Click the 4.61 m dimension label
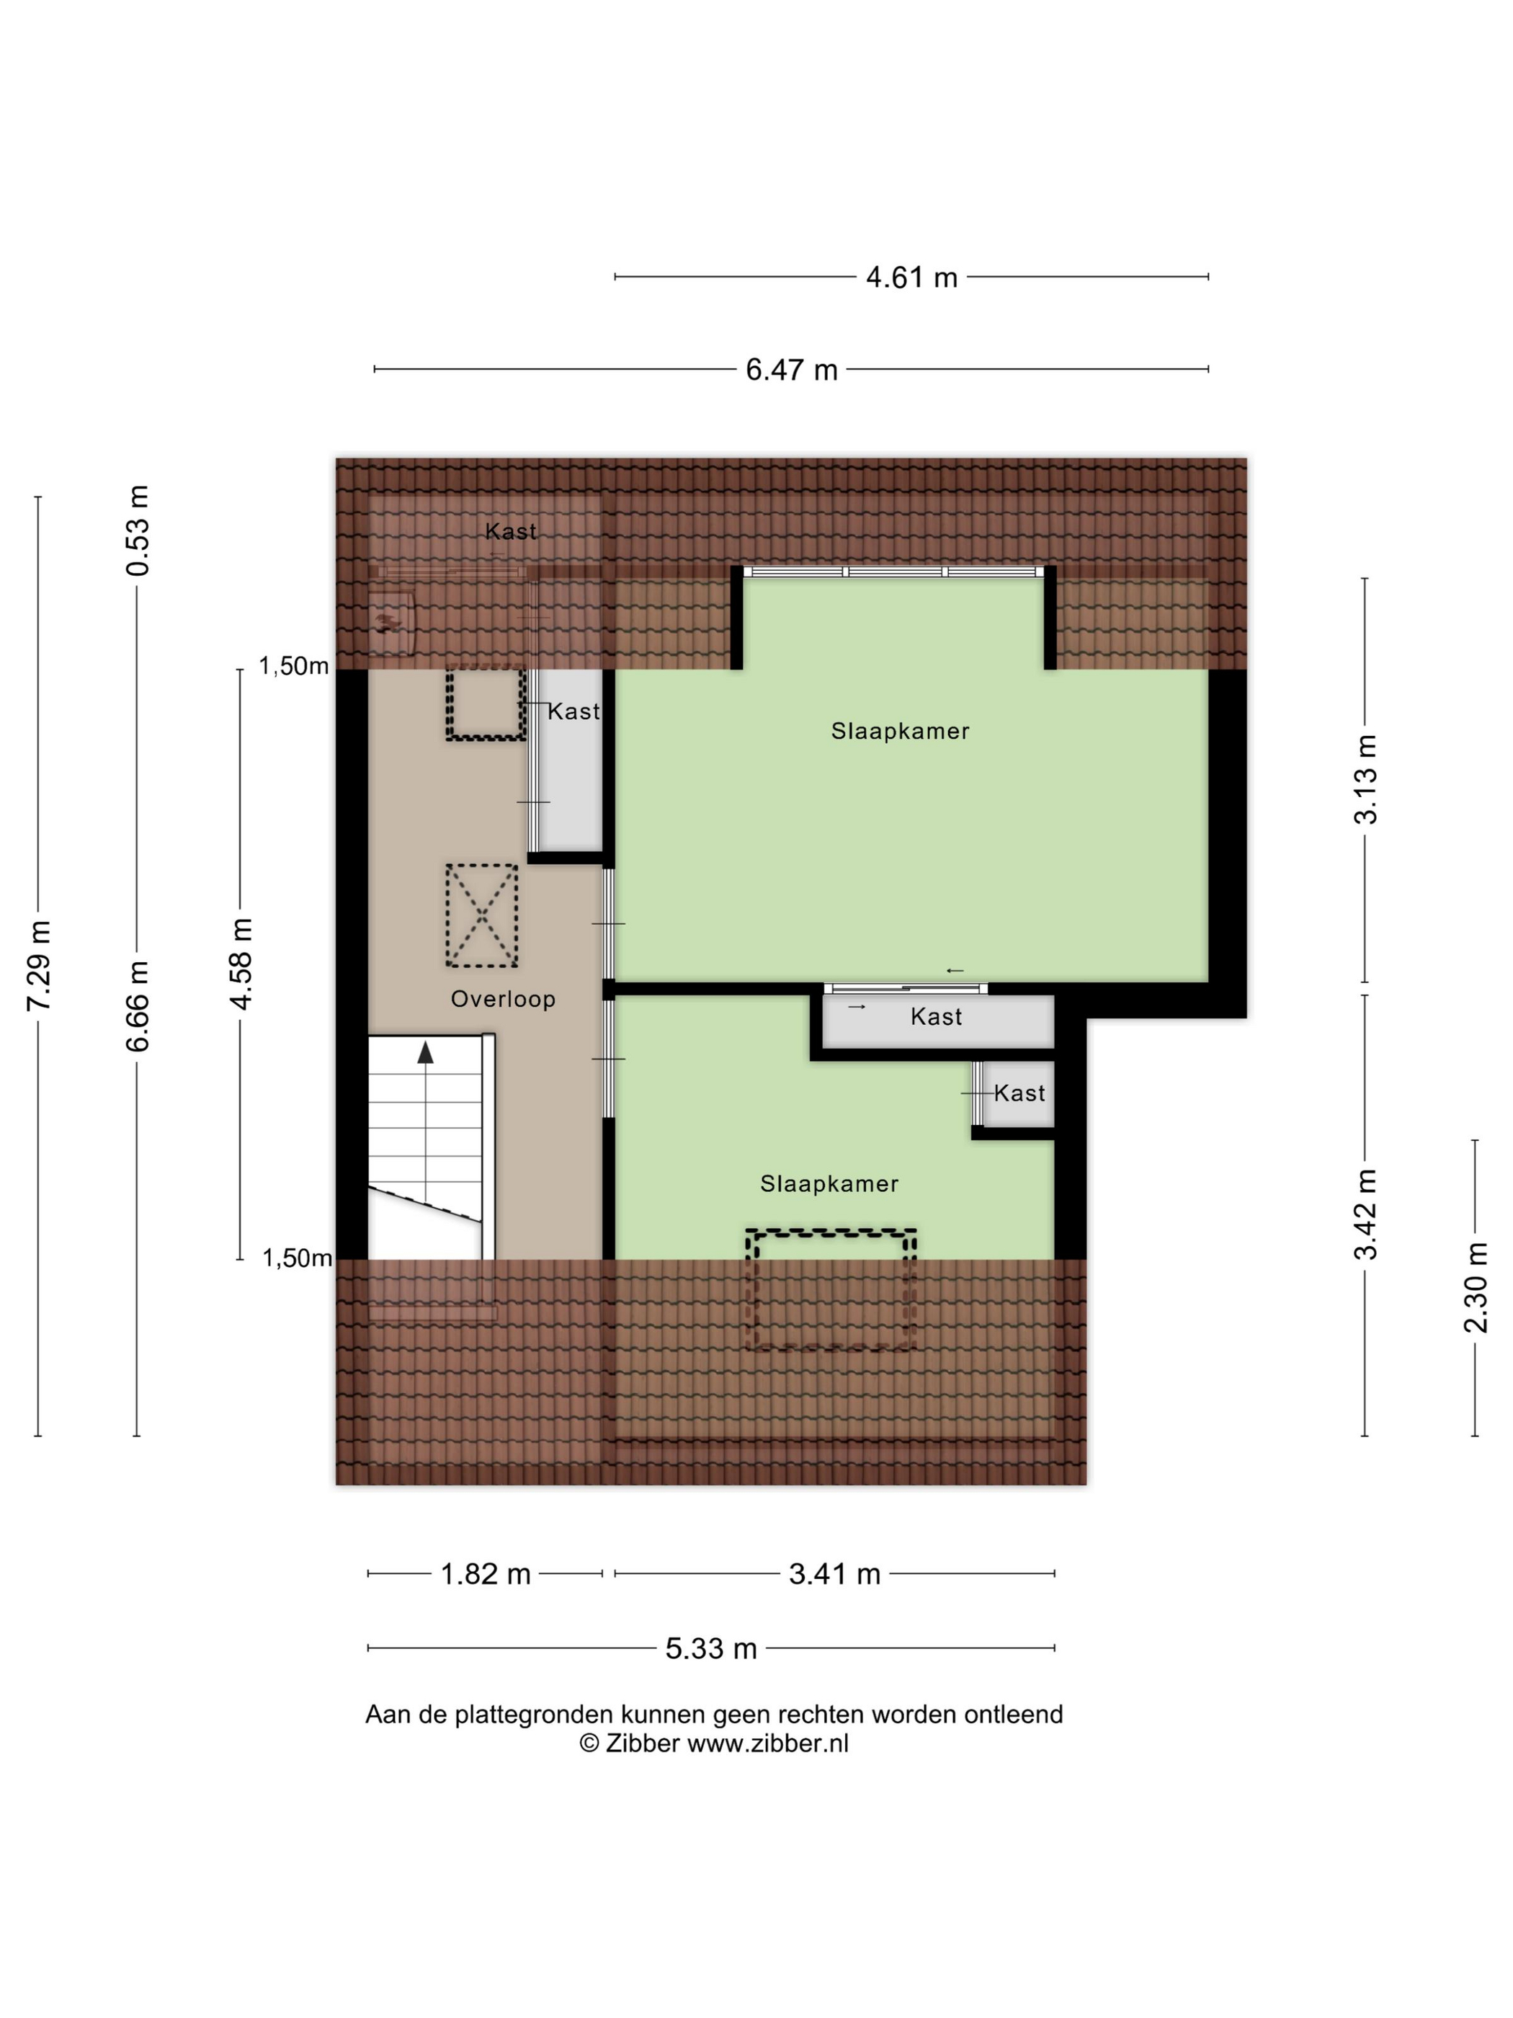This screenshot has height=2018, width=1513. click(x=911, y=277)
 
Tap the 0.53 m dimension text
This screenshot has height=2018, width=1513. click(x=137, y=530)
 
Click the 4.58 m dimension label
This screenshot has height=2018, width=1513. click(x=241, y=964)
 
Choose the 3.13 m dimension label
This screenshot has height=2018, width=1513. click(x=1365, y=779)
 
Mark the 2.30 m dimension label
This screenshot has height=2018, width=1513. click(x=1475, y=1287)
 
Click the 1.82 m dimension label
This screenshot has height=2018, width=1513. click(x=485, y=1574)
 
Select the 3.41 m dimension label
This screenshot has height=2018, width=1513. click(x=834, y=1574)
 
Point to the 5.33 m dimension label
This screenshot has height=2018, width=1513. click(x=711, y=1648)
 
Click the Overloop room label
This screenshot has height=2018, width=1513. click(x=502, y=999)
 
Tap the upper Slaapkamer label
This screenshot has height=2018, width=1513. click(x=900, y=731)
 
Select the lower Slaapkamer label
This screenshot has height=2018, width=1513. click(x=829, y=1183)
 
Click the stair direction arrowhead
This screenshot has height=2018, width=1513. click(x=426, y=1053)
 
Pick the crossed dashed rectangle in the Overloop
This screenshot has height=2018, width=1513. click(x=481, y=915)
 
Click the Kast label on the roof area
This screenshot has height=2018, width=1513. click(x=511, y=531)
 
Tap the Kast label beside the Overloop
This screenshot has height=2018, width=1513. click(x=573, y=711)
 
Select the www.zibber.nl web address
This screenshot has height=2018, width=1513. click(x=767, y=1743)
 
